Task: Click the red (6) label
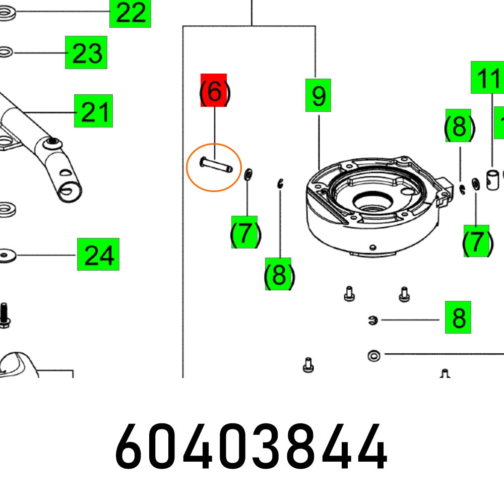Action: tap(214, 90)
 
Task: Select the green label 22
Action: tap(130, 13)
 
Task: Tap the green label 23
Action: tap(86, 52)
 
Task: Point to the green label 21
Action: tap(94, 111)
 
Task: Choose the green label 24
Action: tap(98, 254)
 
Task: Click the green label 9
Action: tap(318, 95)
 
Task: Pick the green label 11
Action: tap(487, 78)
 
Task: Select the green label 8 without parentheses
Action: tap(458, 317)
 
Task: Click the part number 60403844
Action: tap(251, 447)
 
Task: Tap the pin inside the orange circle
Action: tap(216, 165)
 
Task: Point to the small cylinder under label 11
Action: tap(493, 180)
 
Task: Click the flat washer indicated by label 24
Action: tap(6, 256)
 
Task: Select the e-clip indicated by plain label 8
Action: tap(373, 320)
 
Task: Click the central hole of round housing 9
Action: tap(373, 202)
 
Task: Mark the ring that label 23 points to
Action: tap(5, 52)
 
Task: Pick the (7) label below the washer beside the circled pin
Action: tap(244, 232)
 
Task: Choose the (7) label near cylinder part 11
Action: tap(477, 241)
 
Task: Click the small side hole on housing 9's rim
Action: tap(373, 247)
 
